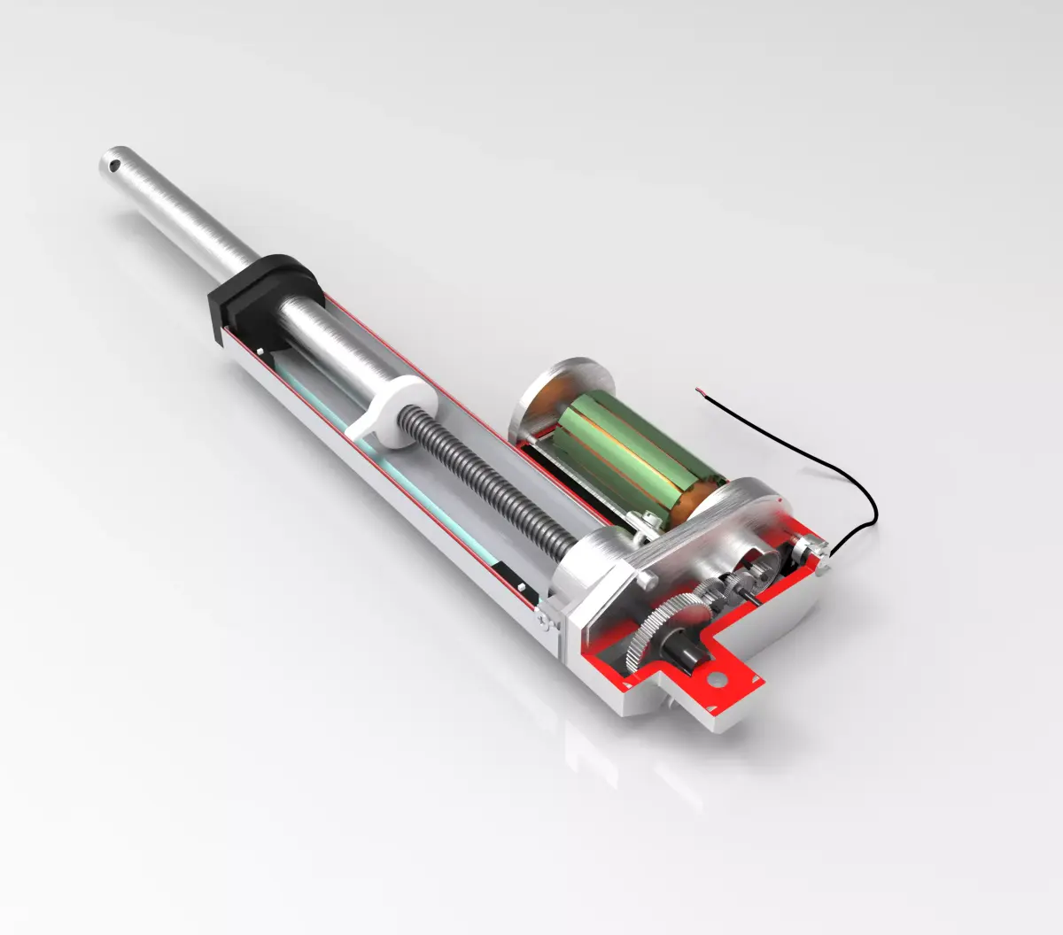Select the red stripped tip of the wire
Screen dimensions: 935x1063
[701, 389]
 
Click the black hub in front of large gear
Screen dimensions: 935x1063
[687, 654]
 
